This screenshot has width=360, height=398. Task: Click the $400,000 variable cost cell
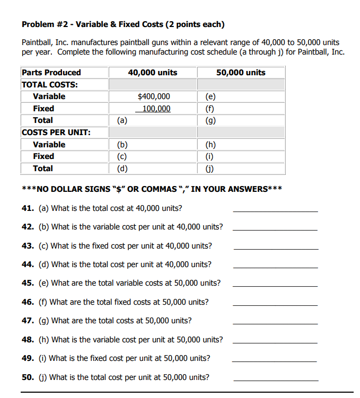(x=154, y=96)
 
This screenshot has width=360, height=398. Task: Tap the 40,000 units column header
(x=153, y=73)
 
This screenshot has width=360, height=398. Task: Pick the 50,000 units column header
(x=241, y=73)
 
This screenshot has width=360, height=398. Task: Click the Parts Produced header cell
(x=51, y=73)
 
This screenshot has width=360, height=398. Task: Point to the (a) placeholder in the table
(x=122, y=121)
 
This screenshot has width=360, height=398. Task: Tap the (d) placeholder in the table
(x=122, y=169)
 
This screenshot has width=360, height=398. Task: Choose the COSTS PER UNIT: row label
(x=56, y=132)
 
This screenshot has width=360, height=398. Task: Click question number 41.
(x=28, y=208)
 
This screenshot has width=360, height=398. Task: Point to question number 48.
(x=28, y=339)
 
